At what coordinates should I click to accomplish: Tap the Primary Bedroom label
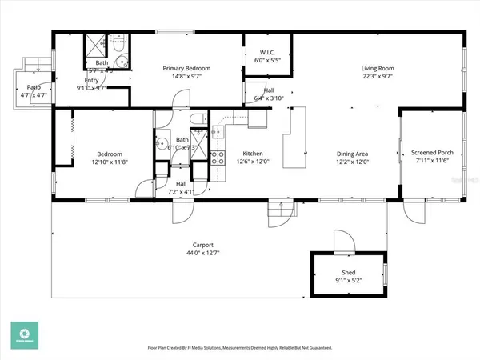coord(186,69)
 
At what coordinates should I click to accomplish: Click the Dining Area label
coord(351,154)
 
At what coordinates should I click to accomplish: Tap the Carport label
coord(202,246)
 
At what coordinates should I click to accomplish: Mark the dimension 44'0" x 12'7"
coord(202,254)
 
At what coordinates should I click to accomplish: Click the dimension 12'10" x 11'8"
coord(110,162)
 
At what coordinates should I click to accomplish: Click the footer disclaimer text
coord(240,348)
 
